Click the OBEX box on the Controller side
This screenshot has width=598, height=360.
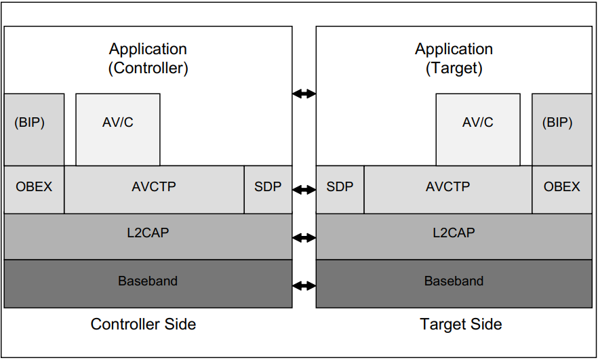click(34, 186)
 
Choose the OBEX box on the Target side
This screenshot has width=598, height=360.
click(561, 186)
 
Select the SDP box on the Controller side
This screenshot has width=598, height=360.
click(268, 186)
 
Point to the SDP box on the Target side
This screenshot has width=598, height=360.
click(340, 186)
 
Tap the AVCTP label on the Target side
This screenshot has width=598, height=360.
click(447, 186)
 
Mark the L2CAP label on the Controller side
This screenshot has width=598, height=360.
click(148, 233)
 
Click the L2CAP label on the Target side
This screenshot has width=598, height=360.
click(454, 233)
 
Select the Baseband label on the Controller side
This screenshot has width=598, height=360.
click(148, 281)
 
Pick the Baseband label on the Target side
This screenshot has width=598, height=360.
click(454, 281)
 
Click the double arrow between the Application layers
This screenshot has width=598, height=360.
click(304, 94)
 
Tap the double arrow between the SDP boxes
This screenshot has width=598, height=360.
click(304, 191)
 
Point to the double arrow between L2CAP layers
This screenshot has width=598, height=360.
click(304, 238)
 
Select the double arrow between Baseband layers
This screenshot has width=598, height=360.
click(304, 285)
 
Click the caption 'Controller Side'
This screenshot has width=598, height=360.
click(143, 325)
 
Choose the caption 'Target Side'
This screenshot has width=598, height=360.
click(460, 325)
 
